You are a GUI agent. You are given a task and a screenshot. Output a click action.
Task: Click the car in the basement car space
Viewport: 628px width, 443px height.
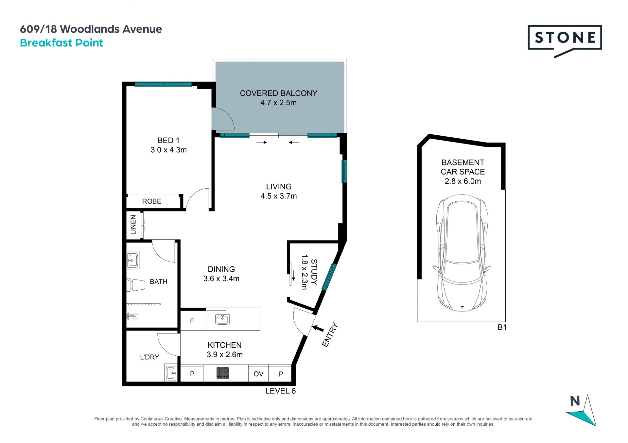pos(462,253)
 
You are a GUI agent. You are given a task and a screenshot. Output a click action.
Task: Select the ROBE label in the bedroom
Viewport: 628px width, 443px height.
pos(152,201)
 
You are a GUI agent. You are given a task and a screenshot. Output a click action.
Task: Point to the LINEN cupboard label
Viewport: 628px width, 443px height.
pos(133,225)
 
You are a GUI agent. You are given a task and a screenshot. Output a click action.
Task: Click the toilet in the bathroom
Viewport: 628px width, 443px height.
pos(136,285)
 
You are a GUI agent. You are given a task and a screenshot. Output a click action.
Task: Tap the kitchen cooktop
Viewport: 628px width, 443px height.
pos(223,373)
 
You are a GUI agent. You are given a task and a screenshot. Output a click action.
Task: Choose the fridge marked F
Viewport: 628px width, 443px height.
pos(193,321)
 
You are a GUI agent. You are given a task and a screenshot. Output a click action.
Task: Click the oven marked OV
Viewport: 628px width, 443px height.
pos(258,374)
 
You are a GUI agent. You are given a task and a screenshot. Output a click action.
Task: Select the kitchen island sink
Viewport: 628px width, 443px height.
pos(222,319)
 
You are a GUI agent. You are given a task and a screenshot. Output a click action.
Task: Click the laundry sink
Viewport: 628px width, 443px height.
pos(171,373)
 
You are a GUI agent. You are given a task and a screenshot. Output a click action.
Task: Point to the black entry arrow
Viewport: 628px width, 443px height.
pos(318,328)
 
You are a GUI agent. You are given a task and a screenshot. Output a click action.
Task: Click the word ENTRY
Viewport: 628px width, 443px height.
pos(330,335)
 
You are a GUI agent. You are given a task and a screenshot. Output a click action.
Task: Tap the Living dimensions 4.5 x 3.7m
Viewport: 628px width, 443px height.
pos(279,196)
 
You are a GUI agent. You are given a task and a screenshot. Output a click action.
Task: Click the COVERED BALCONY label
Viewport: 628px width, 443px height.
pos(279,93)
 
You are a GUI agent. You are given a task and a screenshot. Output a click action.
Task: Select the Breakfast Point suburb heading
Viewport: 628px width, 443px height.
pos(61,43)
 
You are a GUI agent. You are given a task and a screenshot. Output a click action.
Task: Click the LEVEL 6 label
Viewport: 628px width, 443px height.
pos(281,391)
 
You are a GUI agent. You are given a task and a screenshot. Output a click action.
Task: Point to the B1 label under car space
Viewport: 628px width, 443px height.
pos(502,327)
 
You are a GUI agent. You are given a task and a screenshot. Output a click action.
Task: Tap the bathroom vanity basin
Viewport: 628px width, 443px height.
pos(133,260)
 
